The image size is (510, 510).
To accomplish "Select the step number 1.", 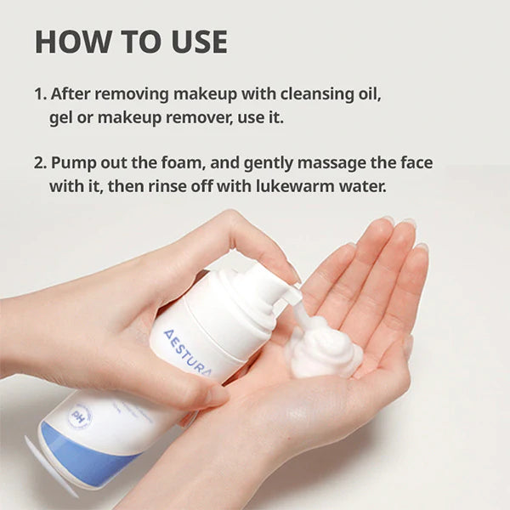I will tap(39, 94).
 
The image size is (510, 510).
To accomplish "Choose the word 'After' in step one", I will tap(71, 94).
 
